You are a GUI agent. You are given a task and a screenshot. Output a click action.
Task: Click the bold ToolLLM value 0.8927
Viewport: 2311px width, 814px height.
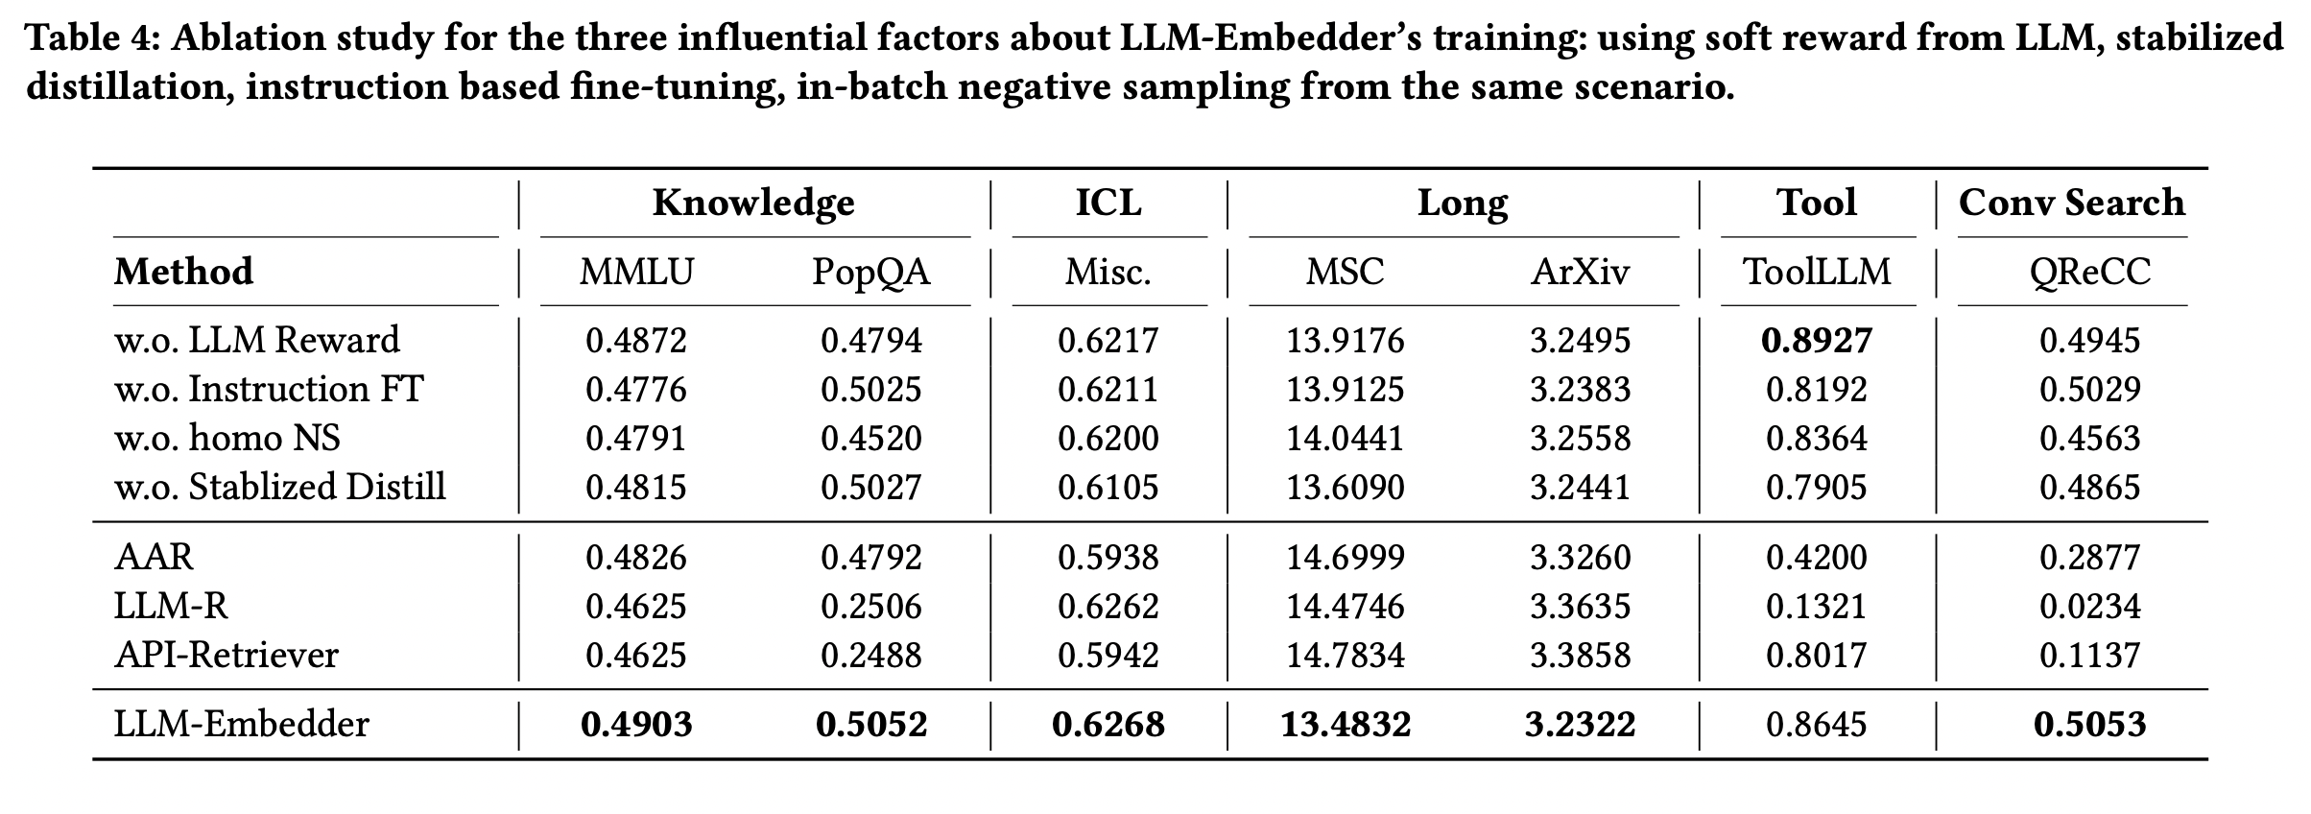point(1816,341)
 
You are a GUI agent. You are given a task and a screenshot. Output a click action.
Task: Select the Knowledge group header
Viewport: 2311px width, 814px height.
point(753,203)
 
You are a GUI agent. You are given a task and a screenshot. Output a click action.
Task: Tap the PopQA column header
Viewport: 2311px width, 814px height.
point(870,272)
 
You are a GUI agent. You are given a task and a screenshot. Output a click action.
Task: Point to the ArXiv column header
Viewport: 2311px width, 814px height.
point(1579,272)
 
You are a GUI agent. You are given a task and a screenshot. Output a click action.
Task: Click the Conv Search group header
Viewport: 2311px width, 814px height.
point(2071,203)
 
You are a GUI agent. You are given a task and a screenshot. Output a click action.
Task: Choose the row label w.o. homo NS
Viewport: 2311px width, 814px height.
point(227,438)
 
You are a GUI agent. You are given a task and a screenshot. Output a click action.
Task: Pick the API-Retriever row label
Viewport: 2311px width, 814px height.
point(226,655)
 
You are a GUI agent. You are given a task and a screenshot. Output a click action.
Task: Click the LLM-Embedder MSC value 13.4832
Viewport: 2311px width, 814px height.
point(1346,724)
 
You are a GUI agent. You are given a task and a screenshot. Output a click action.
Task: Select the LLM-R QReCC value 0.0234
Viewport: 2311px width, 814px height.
point(2089,606)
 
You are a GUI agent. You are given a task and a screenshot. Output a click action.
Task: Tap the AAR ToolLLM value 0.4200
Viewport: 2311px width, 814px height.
point(1816,557)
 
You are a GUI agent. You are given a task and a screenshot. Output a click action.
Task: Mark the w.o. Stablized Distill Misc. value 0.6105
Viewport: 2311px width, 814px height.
point(1108,487)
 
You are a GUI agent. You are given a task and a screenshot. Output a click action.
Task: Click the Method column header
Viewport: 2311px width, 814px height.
point(183,272)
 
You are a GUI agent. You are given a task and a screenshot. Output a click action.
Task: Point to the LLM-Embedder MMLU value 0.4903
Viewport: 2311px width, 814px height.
point(636,724)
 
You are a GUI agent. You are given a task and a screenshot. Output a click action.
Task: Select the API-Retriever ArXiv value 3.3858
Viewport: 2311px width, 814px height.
point(1579,655)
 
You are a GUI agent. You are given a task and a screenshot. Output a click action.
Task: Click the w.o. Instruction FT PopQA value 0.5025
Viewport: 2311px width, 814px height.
point(870,389)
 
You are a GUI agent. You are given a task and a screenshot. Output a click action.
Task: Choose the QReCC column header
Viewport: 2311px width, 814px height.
point(2089,272)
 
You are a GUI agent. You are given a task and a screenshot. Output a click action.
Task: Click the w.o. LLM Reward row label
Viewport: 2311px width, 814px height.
point(257,341)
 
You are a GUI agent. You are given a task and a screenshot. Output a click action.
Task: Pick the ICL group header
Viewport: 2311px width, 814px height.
point(1108,203)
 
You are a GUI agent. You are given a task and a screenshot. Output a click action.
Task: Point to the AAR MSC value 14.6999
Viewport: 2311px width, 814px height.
point(1346,557)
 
